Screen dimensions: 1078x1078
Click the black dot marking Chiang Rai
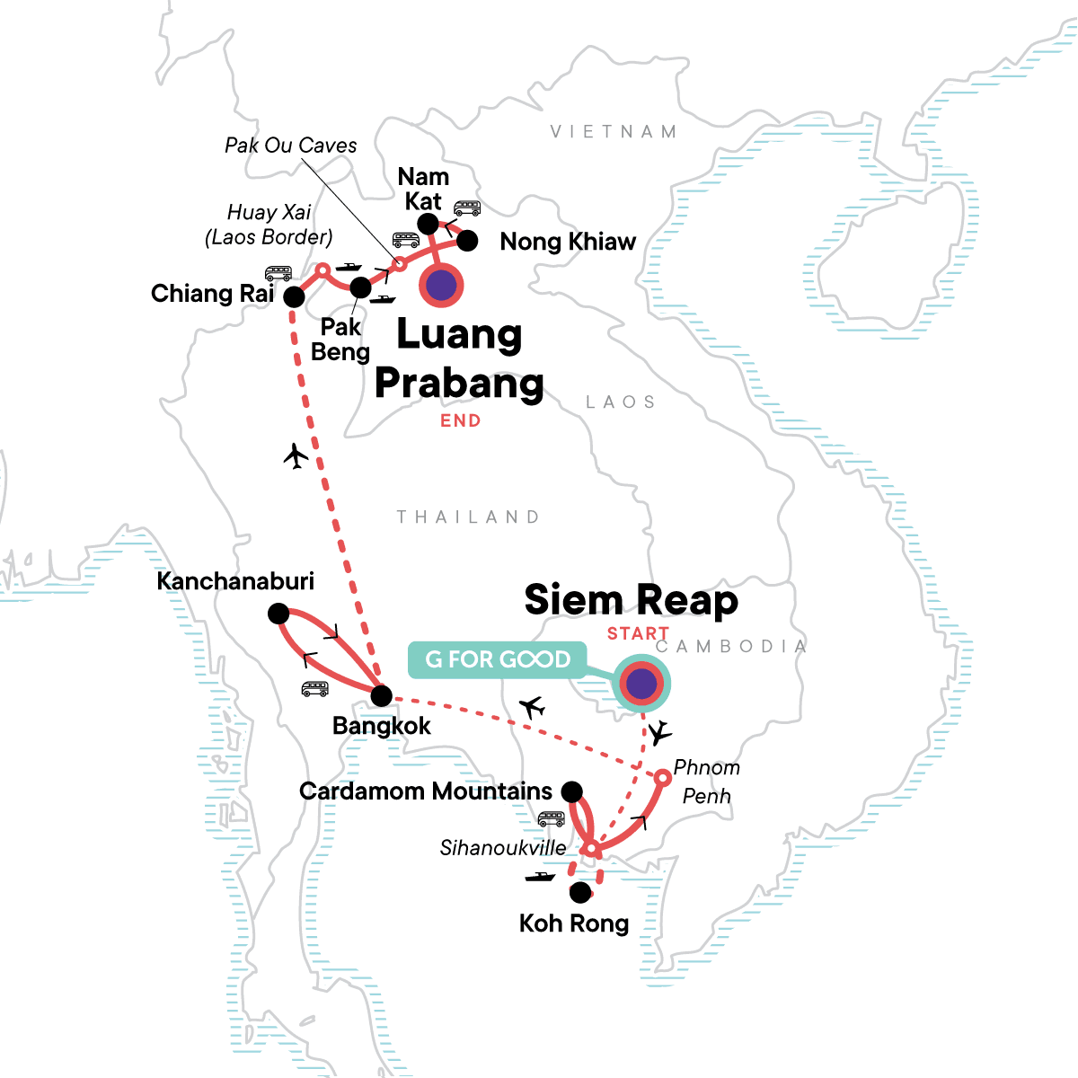(294, 297)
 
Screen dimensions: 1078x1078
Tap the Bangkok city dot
(382, 694)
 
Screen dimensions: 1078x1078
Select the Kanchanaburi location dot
(278, 614)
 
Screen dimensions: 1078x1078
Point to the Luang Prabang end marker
(441, 287)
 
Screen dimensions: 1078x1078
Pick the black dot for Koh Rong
(581, 892)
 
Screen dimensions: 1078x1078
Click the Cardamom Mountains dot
(571, 791)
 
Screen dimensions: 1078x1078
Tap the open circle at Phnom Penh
(661, 777)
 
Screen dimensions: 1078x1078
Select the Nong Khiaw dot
(467, 241)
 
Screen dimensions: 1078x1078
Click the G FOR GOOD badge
(498, 659)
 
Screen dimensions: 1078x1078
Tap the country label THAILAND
(468, 517)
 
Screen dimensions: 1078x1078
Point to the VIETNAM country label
(614, 132)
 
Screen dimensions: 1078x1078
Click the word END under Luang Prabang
(460, 421)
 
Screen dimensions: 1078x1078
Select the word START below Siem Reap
(637, 633)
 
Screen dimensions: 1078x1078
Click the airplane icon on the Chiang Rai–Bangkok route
(296, 456)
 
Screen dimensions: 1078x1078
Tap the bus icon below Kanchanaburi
(314, 689)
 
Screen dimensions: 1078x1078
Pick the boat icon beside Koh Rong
(540, 876)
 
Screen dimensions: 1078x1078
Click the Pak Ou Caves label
(290, 146)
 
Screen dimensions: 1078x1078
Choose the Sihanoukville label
(503, 847)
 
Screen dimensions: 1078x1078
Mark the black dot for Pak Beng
(359, 287)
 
